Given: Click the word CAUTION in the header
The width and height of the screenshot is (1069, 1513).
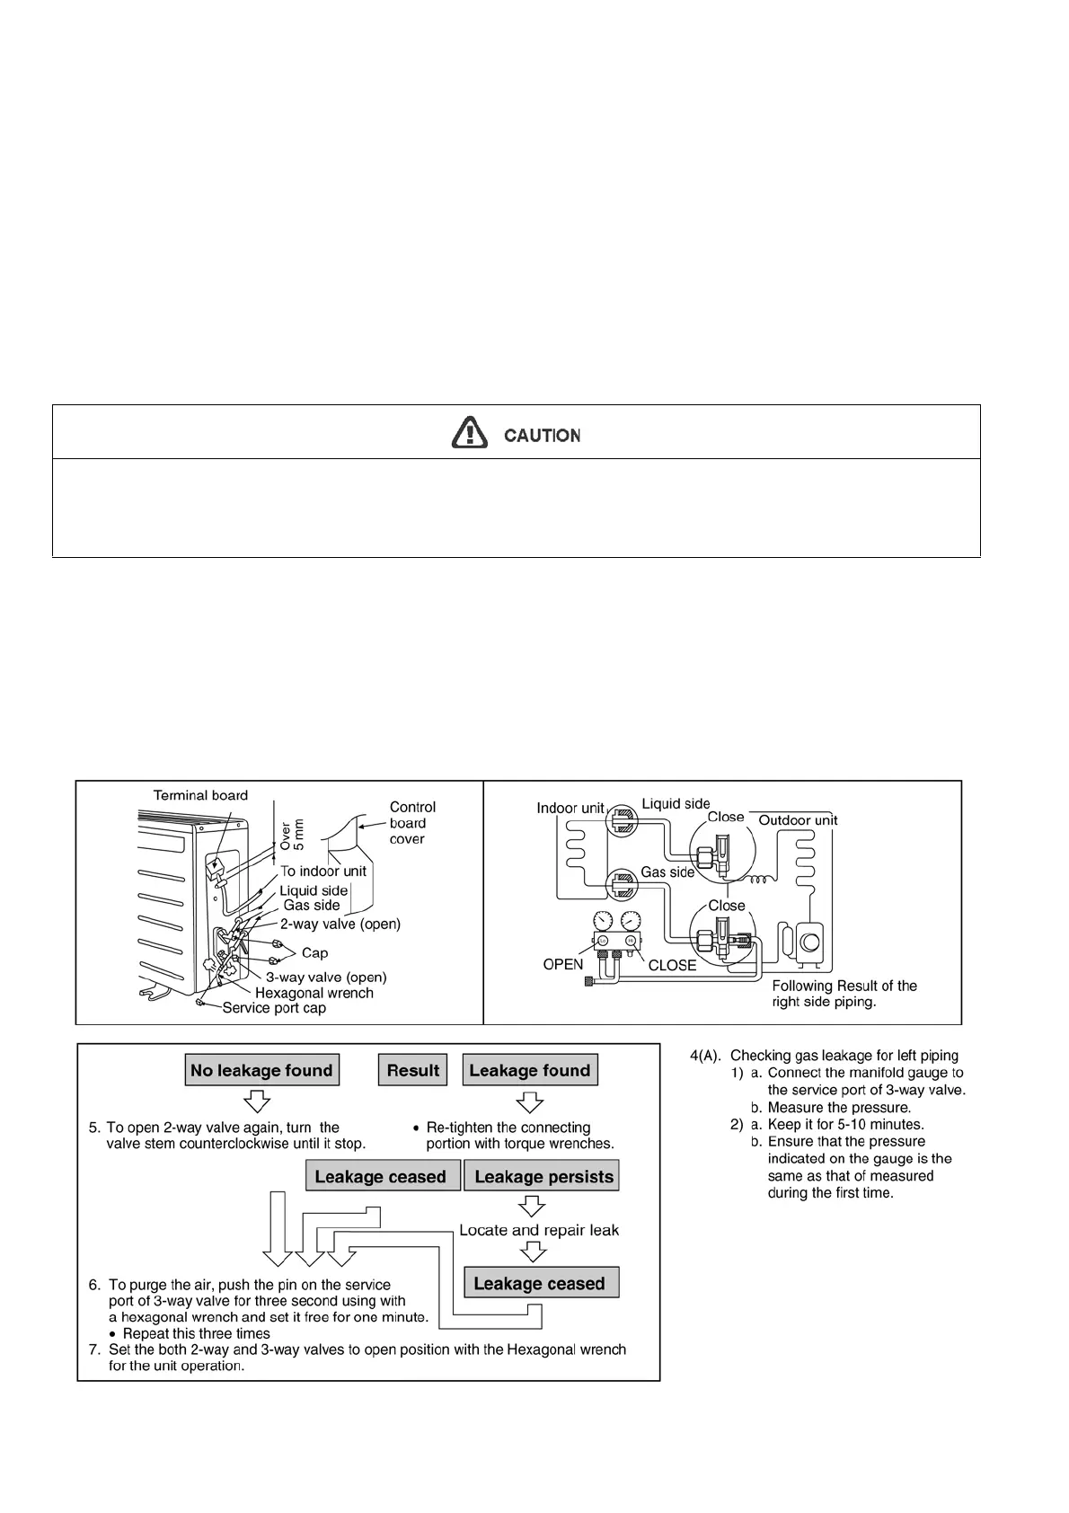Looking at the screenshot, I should tap(542, 436).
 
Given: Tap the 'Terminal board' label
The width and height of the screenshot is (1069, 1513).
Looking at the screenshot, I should tap(200, 795).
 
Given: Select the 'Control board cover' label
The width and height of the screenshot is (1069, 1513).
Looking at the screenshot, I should tap(412, 823).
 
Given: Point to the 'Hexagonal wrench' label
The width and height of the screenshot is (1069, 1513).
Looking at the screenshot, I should tap(314, 993).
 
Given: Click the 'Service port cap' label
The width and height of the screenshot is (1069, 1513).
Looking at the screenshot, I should tap(274, 1008).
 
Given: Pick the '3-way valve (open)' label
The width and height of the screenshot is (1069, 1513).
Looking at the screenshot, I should tap(326, 978).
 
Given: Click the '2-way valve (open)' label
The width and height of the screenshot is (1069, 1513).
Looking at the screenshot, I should tap(340, 924).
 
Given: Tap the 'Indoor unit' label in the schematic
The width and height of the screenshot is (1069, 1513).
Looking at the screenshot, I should tap(570, 808).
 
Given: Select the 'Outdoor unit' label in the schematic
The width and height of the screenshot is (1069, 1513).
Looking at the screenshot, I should tap(798, 820).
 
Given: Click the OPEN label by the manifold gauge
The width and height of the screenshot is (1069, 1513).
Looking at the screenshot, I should tap(563, 964).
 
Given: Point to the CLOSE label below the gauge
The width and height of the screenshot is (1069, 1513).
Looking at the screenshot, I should tap(672, 966).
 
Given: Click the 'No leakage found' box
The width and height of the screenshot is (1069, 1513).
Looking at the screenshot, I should tap(261, 1070).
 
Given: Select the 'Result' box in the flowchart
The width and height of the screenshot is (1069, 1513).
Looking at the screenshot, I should tap(412, 1070).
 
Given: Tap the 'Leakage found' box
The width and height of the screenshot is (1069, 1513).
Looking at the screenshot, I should tap(529, 1070).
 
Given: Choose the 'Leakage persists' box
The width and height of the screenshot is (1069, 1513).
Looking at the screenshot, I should tap(543, 1177).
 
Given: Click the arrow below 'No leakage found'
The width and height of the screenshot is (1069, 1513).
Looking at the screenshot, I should tap(259, 1101).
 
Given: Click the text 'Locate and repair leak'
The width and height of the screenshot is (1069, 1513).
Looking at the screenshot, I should tap(538, 1230).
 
